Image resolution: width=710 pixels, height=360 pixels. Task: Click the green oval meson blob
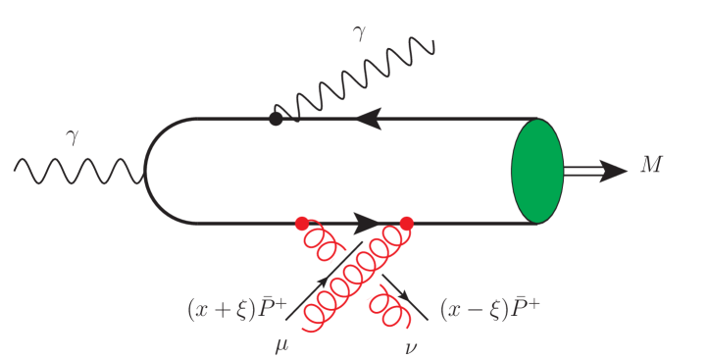(536, 171)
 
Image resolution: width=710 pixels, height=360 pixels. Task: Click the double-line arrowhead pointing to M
(614, 171)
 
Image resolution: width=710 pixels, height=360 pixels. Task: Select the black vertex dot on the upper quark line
(276, 119)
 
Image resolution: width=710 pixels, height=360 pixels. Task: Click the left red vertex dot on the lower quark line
(302, 223)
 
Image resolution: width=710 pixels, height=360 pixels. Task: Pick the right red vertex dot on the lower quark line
(406, 223)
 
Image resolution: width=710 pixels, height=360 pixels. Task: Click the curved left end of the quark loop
(146, 172)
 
